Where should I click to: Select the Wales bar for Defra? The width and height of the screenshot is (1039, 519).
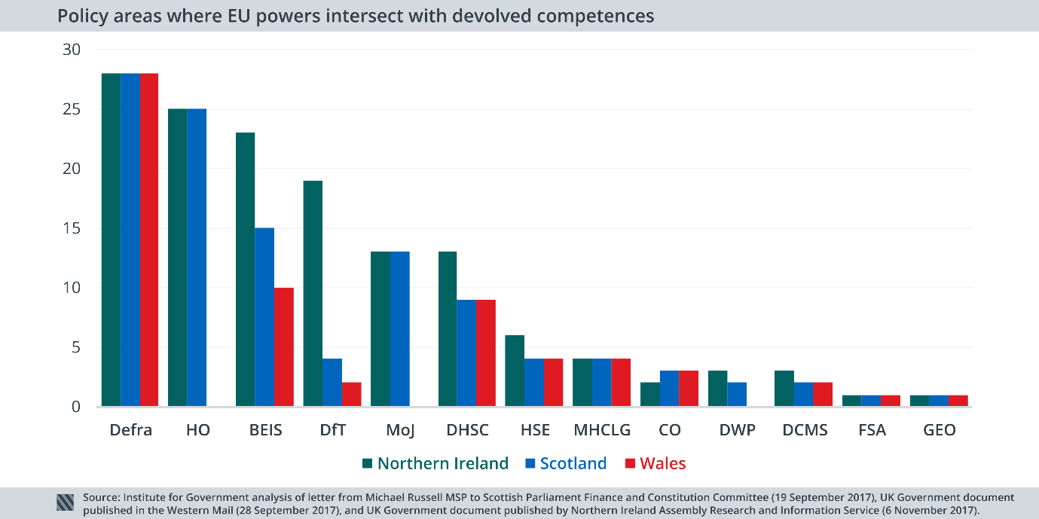[x=148, y=240]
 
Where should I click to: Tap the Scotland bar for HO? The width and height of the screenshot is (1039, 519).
[x=197, y=258]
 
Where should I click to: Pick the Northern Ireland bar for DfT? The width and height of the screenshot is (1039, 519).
[x=313, y=294]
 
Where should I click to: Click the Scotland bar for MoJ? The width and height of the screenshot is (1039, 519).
[x=399, y=329]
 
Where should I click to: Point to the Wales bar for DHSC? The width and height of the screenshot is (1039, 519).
[x=485, y=353]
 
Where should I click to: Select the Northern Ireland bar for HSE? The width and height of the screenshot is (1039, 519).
[x=514, y=371]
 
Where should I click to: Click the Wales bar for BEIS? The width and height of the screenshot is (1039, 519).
[x=283, y=347]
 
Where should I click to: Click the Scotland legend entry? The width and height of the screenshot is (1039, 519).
[x=566, y=463]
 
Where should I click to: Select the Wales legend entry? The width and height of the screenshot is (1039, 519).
[x=655, y=463]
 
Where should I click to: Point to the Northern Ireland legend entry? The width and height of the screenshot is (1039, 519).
[x=435, y=463]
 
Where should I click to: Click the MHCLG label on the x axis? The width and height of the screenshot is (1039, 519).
[x=601, y=430]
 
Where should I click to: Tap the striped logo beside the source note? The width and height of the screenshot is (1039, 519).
[x=66, y=502]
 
